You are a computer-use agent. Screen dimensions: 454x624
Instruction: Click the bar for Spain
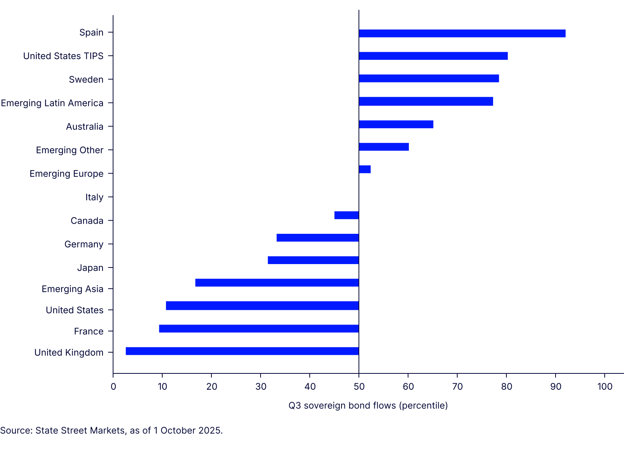coord(462,33)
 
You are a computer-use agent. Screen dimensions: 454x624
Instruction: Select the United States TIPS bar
coord(433,56)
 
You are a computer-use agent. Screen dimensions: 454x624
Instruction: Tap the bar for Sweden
coord(428,78)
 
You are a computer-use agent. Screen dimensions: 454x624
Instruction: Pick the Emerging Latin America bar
coord(425,101)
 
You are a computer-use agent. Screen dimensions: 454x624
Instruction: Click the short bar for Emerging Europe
coord(365,169)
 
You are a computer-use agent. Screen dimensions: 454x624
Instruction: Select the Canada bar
coord(346,215)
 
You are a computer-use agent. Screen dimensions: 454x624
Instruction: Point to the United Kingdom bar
coord(242,351)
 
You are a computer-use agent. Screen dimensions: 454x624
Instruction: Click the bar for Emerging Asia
coord(277,283)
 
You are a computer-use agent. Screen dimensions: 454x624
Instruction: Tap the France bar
coord(259,328)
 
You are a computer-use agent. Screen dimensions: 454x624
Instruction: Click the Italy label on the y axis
coord(94,197)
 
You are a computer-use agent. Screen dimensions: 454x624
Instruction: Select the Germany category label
coord(84,244)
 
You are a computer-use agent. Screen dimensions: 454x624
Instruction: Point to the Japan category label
coord(90,268)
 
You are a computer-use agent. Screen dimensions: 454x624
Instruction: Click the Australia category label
coord(84,127)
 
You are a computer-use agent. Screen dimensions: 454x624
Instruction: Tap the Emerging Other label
coord(70,150)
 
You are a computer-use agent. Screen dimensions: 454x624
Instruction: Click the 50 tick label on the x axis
coord(359,386)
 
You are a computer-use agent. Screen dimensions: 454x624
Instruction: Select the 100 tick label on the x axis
coord(605,386)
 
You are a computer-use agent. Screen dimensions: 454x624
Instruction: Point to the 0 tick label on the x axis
coord(113,386)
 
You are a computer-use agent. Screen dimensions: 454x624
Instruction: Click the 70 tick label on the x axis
coord(457,386)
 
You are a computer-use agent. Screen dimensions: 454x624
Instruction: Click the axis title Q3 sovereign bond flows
coord(368,406)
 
